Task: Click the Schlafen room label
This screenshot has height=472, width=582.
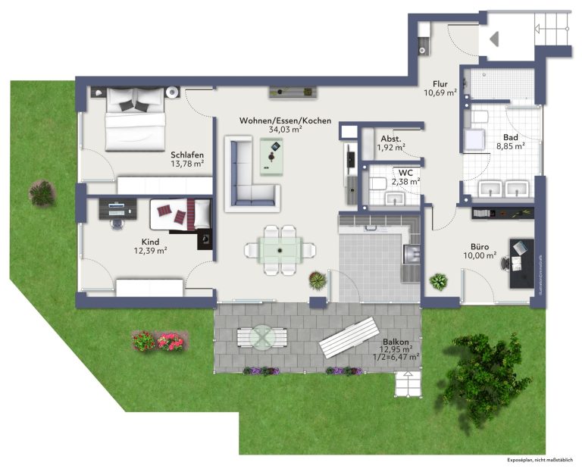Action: pyautogui.click(x=187, y=155)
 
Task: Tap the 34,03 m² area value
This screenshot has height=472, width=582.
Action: pyautogui.click(x=285, y=130)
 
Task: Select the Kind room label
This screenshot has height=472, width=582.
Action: pyautogui.click(x=150, y=242)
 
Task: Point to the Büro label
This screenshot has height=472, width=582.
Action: pyautogui.click(x=480, y=246)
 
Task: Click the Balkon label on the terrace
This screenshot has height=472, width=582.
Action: pyautogui.click(x=396, y=342)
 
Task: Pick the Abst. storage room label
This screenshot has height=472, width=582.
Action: pyautogui.click(x=391, y=139)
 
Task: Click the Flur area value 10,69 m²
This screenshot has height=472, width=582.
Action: pyautogui.click(x=440, y=92)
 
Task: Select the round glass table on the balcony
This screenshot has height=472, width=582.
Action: pyautogui.click(x=262, y=337)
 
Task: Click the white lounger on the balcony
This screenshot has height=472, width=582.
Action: pyautogui.click(x=349, y=337)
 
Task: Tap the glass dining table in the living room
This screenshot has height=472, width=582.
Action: pyautogui.click(x=280, y=251)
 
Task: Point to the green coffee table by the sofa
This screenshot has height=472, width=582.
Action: pyautogui.click(x=271, y=157)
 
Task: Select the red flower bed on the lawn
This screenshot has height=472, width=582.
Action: pyautogui.click(x=158, y=341)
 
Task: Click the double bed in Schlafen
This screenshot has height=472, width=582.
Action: pyautogui.click(x=135, y=120)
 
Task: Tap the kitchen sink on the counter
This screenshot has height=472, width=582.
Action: pyautogui.click(x=411, y=254)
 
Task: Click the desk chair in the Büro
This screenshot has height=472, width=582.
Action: pyautogui.click(x=505, y=262)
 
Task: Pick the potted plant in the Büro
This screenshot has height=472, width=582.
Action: pyautogui.click(x=438, y=282)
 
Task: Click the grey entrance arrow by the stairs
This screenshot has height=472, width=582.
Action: pyautogui.click(x=494, y=39)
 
